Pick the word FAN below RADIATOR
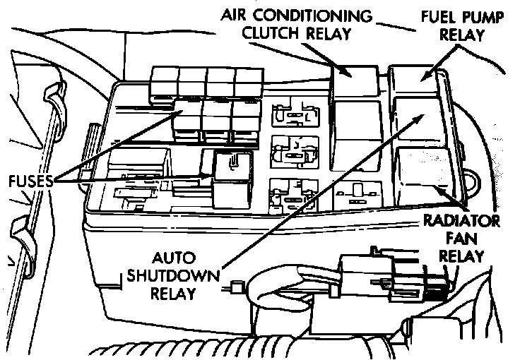(x=462, y=238)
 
